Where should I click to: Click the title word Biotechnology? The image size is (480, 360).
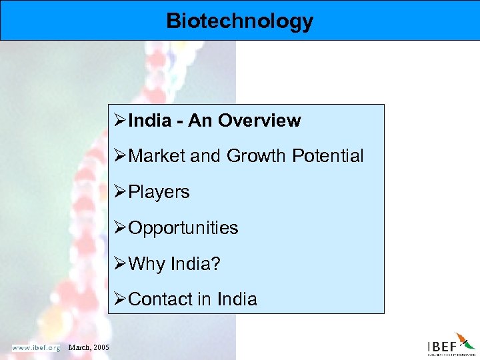point(239,21)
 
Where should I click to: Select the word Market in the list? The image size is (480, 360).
point(157,156)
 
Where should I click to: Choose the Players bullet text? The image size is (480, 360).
point(159,192)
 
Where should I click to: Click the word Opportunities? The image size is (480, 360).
point(183,228)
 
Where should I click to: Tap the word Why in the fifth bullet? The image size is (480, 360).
point(146,264)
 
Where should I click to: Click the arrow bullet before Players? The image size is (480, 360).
point(121,192)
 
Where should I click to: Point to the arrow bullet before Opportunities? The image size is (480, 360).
point(121,228)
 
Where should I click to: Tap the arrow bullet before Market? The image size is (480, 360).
point(121,156)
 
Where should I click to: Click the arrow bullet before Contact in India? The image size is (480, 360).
point(121,299)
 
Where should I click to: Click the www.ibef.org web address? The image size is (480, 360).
point(35,347)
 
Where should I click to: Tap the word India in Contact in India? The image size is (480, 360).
point(236,299)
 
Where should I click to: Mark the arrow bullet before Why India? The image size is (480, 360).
point(121,264)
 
